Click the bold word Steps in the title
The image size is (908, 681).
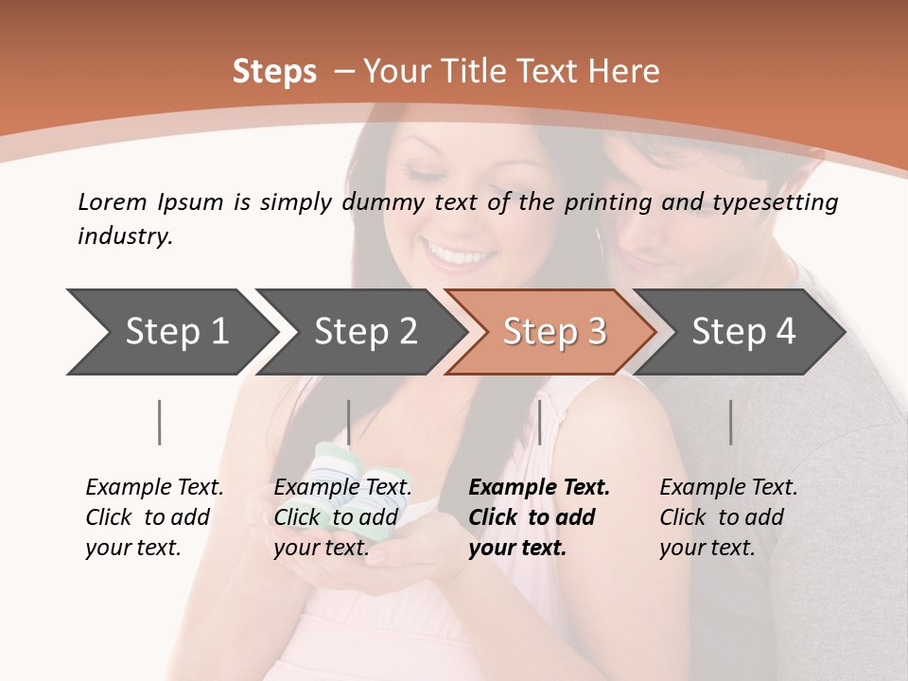[x=274, y=72]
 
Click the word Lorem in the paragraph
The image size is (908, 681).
[x=112, y=201]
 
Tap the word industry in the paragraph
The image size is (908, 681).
[x=125, y=236]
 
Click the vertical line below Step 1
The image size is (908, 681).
[x=160, y=422]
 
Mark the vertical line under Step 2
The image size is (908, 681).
[x=349, y=422]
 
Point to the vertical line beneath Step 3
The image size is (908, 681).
[x=539, y=422]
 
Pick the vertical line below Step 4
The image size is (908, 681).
[x=730, y=422]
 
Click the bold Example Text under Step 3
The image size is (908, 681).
[x=539, y=488]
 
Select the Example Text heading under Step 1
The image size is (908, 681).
[x=154, y=488]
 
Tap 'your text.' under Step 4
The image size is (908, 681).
[x=707, y=549]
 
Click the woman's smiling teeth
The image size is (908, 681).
[x=459, y=254]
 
